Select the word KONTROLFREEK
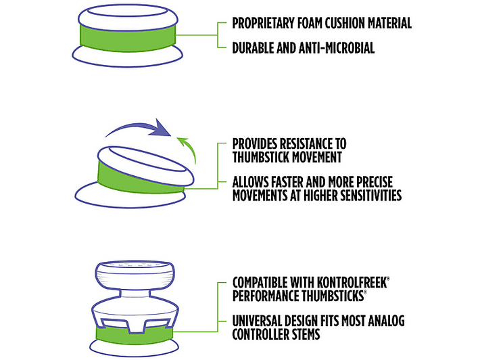tap(352, 282)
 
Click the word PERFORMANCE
tap(266, 296)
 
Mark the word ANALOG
tap(386, 321)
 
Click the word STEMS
tap(306, 334)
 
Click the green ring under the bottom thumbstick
tap(134, 336)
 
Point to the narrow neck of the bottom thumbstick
tap(135, 294)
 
